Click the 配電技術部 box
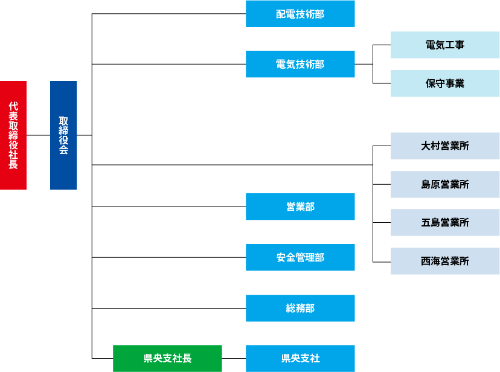coord(300,14)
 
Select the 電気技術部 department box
coord(300,64)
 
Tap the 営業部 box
coord(300,207)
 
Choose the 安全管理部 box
coord(300,257)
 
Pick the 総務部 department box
coord(300,308)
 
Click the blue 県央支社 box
coord(300,358)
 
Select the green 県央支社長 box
coord(167,358)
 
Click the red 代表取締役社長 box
coord(13,135)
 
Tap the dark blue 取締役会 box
coord(63,135)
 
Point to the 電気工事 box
coord(445,45)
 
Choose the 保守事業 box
coord(445,83)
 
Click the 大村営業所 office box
coord(445,146)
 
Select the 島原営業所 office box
coord(445,184)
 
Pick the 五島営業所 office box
coord(445,222)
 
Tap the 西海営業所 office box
coord(445,261)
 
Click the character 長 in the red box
coord(13,164)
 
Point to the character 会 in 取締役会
coord(63,150)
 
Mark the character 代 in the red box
coord(13,106)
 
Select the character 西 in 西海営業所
coord(426,261)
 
